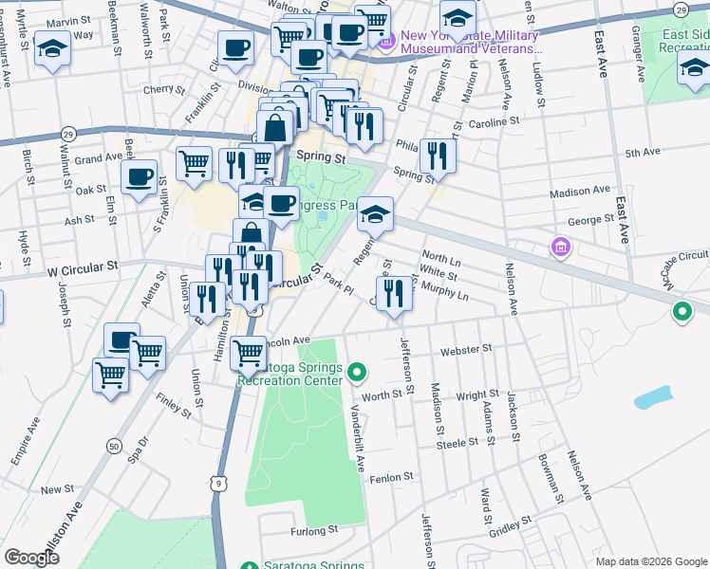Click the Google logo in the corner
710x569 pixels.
(31, 558)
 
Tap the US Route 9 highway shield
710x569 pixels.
(219, 484)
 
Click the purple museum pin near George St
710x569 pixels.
(561, 248)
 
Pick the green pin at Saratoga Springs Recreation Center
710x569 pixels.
(357, 370)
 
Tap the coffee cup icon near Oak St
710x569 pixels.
(140, 177)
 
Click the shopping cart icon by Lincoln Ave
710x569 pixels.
(248, 354)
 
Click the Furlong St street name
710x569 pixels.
(315, 531)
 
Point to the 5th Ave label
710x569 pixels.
(643, 152)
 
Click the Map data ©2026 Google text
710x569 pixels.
(651, 561)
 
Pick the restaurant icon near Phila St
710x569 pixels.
(437, 156)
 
